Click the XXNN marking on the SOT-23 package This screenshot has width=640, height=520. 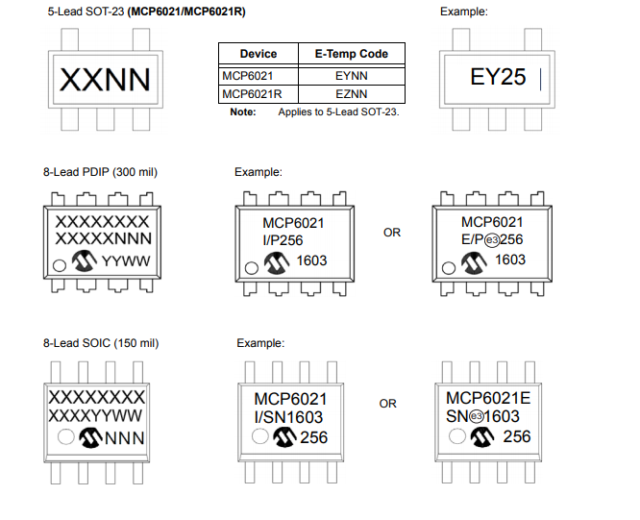[x=105, y=79]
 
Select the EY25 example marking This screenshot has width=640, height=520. [x=498, y=77]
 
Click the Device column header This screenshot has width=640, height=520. [x=258, y=54]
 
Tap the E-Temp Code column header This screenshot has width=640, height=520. [x=352, y=54]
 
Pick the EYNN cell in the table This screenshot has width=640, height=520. [x=352, y=75]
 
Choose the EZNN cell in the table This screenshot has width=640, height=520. [x=352, y=94]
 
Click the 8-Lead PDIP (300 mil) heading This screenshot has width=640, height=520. [x=100, y=172]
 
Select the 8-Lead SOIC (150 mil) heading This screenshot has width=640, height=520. [x=101, y=343]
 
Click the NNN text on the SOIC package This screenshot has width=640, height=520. [x=123, y=438]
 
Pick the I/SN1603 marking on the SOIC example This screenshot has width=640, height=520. [x=288, y=417]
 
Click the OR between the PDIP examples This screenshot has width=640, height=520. [x=392, y=233]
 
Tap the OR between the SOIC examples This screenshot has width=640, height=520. [x=387, y=404]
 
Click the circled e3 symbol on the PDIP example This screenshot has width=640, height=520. [x=491, y=239]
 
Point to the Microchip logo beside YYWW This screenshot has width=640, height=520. [x=86, y=261]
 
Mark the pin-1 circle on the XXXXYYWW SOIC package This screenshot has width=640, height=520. [x=66, y=438]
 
